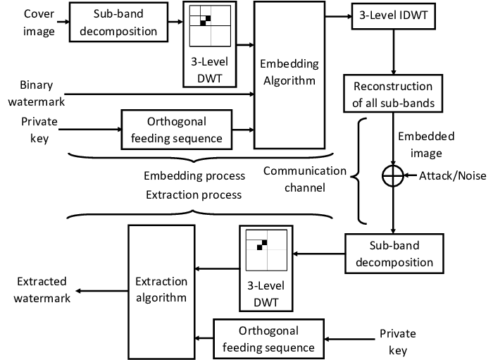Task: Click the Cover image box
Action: [39, 23]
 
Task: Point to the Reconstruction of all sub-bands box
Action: [393, 94]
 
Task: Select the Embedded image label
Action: [425, 144]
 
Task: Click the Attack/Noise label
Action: [453, 176]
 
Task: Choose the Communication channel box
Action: [304, 180]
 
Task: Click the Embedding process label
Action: [194, 175]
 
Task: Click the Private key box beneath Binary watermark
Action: [39, 130]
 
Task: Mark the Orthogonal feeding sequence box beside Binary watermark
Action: [176, 129]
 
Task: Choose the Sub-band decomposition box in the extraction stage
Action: [394, 254]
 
